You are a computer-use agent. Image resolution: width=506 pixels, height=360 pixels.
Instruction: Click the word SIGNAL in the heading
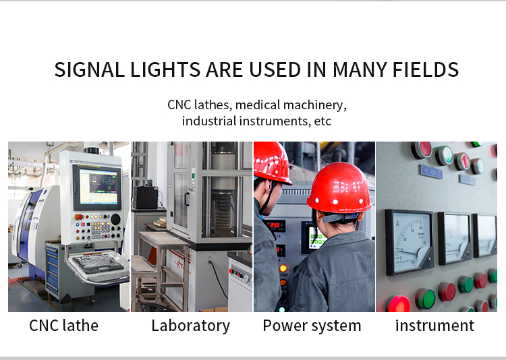pos(89,69)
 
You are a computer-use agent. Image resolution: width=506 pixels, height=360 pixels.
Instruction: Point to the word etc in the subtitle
pos(322,121)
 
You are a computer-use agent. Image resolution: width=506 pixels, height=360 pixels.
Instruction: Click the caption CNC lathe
pos(63,325)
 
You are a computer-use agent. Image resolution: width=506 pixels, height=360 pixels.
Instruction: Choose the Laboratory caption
pos(191,326)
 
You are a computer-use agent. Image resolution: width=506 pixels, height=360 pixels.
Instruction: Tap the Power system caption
pos(312,326)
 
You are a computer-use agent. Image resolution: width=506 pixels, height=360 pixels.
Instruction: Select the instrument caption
pos(434,325)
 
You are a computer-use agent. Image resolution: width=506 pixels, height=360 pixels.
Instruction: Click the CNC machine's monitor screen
pos(98,187)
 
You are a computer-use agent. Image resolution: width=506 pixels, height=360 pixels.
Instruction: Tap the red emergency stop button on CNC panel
pos(79,217)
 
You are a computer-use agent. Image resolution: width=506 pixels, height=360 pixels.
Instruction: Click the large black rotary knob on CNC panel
pos(115,219)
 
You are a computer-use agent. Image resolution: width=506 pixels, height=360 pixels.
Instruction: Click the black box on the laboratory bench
pos(146,197)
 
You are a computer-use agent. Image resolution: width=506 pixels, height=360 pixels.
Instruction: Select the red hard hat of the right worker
pos(339,187)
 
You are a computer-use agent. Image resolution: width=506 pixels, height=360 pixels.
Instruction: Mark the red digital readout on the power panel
pos(275,225)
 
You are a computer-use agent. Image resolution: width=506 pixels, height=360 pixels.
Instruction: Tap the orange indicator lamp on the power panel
pos(283,268)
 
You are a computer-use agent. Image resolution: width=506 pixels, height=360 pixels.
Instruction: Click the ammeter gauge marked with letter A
pos(410,243)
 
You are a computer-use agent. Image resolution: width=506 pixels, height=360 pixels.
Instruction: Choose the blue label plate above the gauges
pos(431,173)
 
